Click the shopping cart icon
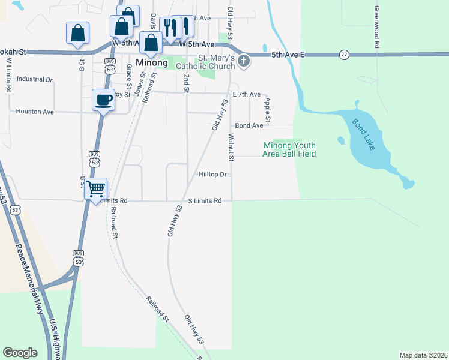[95, 189]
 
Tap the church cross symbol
[244, 60]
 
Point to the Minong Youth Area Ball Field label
[289, 149]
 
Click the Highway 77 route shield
[343, 55]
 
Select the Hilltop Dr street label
[213, 175]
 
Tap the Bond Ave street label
[249, 125]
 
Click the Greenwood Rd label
[376, 27]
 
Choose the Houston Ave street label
[35, 112]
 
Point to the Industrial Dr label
[35, 79]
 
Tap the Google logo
[20, 353]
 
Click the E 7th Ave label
[246, 95]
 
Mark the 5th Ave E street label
[288, 55]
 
